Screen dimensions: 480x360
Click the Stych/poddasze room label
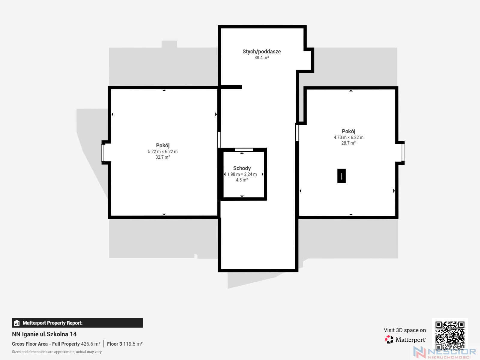tap(262, 52)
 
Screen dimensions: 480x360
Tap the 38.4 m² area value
tap(262, 58)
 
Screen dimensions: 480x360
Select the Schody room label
tap(242, 168)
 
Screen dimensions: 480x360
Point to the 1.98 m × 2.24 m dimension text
tap(242, 174)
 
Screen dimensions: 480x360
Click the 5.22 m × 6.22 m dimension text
tap(163, 151)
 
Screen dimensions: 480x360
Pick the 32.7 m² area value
tap(163, 157)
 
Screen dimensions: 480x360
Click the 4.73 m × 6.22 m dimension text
tap(349, 137)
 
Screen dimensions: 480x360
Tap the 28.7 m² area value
tap(349, 143)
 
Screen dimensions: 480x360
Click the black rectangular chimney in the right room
tap(341, 176)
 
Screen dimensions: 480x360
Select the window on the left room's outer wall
tap(103, 153)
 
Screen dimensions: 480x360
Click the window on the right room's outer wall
tap(403, 152)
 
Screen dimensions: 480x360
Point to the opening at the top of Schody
tap(244, 150)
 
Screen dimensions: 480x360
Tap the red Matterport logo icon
tap(389, 340)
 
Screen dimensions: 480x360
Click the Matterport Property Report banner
tap(77, 323)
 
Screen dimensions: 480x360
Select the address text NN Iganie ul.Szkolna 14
tap(44, 334)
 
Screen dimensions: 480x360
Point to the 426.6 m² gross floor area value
tap(91, 344)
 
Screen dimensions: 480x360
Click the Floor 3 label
tap(114, 344)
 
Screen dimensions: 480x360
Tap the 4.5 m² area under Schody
tap(242, 180)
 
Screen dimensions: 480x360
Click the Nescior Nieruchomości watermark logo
tap(445, 352)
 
